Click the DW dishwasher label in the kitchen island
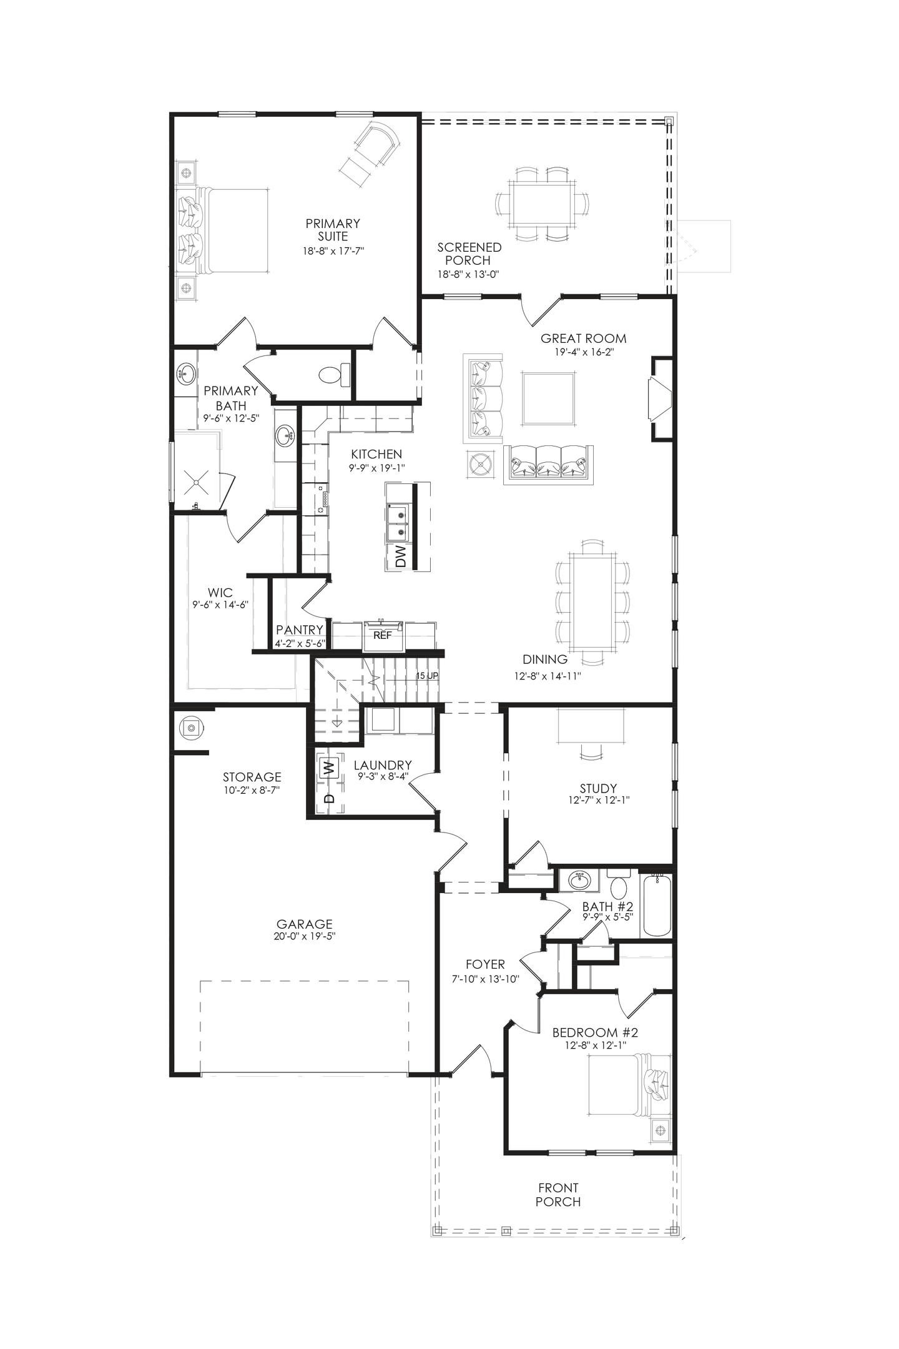point(400,556)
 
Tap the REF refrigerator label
point(382,635)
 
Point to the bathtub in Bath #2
point(656,906)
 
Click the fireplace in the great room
point(659,399)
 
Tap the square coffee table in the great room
point(548,399)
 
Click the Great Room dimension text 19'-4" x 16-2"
point(583,352)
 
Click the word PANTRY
point(300,630)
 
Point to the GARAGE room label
point(304,924)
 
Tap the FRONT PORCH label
point(558,1195)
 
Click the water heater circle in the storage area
point(190,728)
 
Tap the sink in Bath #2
point(580,881)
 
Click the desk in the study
point(591,725)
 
